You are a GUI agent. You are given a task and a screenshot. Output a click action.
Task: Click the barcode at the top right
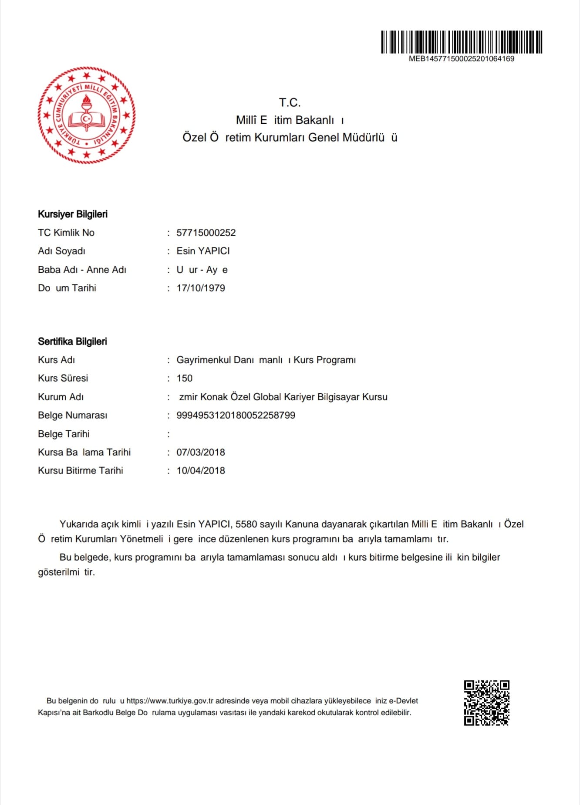pos(462,42)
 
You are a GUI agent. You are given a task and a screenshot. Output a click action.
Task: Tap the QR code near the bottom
pos(486,703)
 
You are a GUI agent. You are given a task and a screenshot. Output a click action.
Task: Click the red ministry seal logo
pos(87,115)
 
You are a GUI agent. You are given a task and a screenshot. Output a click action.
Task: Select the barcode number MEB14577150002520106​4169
pos(462,59)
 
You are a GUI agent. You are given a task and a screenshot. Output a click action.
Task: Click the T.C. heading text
pos(290,103)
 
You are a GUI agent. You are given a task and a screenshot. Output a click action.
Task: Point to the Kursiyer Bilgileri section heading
pos(73,214)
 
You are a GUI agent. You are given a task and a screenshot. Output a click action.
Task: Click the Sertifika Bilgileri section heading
pos(72,342)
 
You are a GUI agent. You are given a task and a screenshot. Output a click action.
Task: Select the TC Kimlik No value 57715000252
pos(206,233)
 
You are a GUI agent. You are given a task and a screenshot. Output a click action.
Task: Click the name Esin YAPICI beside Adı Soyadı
pos(203,251)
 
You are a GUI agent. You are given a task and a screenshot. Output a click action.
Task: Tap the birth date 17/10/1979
pos(201,288)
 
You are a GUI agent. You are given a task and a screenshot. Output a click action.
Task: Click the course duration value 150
pos(185,378)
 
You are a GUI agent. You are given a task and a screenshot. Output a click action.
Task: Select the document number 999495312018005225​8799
pos(236,415)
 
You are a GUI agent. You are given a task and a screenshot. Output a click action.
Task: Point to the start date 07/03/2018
pos(201,452)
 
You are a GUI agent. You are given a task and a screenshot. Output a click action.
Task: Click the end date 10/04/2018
pos(201,470)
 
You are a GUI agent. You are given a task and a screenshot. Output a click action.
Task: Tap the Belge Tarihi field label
pos(64,434)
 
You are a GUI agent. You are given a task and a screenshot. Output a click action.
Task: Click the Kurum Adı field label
pos(61,397)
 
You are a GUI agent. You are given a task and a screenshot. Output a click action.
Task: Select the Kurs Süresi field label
pos(63,378)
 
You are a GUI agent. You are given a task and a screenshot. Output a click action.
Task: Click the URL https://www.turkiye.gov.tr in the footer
pos(170,701)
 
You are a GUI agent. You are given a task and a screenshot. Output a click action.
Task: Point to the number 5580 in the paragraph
pos(246,524)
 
